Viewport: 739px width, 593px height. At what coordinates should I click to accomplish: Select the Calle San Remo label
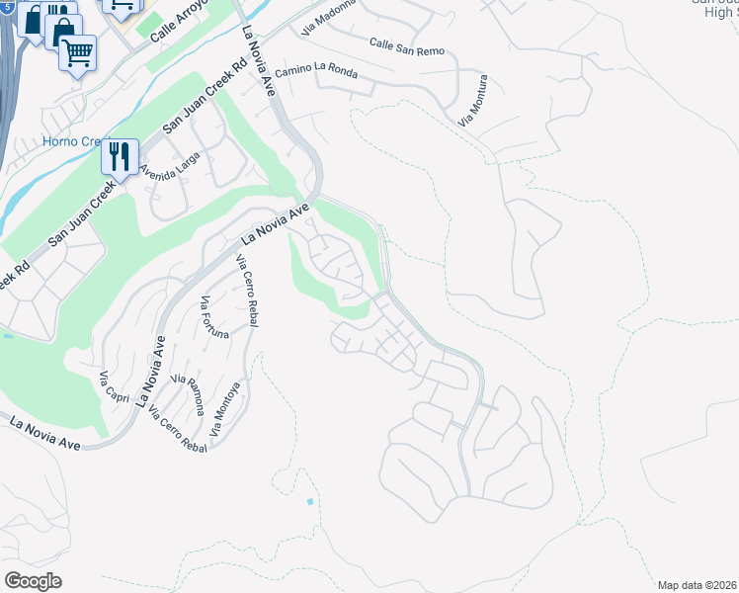[x=406, y=46]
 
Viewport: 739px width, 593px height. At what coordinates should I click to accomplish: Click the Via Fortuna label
[x=214, y=317]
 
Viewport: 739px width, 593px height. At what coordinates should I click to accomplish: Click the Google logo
[x=33, y=581]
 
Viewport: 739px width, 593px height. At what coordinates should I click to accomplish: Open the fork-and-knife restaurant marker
[x=120, y=156]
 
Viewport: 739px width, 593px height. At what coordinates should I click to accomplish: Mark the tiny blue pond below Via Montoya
[x=309, y=502]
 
